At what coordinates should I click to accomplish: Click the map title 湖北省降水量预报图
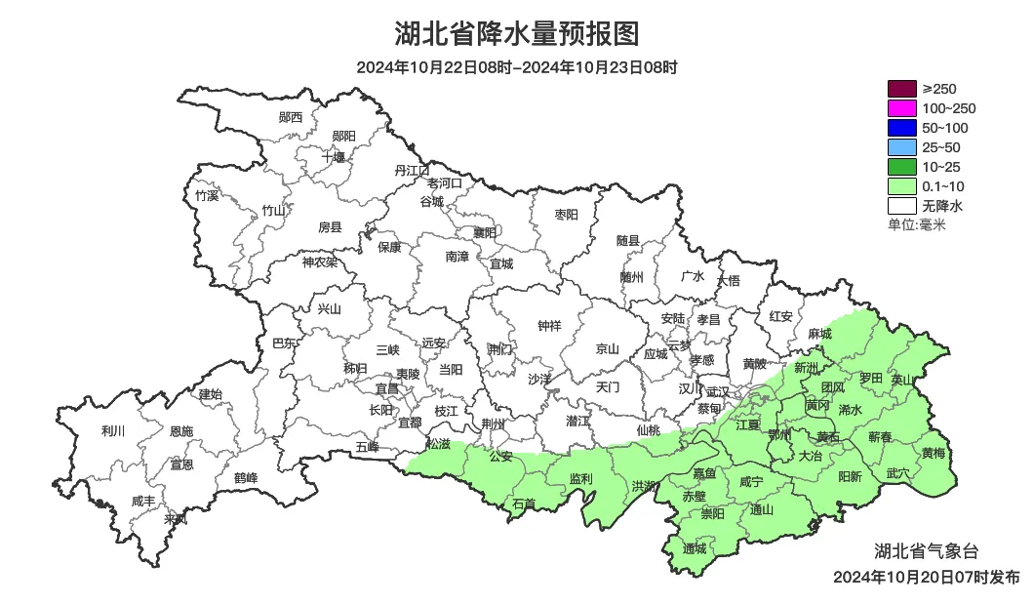point(517,34)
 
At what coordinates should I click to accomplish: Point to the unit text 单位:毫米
point(917,225)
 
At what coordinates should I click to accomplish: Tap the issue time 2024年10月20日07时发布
point(926,577)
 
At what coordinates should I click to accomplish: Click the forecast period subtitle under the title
point(517,67)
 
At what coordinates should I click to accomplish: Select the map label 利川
point(113,431)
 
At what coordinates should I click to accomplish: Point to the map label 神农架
point(319,262)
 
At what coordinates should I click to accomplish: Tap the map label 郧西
point(291,117)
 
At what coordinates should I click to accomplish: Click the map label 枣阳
point(566,215)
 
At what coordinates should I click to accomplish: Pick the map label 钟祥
point(550,327)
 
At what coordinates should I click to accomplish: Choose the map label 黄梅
point(933,454)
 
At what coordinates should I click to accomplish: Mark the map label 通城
point(695,548)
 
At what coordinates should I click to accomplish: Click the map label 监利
point(580,479)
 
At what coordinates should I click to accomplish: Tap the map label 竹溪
point(207,195)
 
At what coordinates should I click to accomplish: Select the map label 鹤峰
point(246,478)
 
